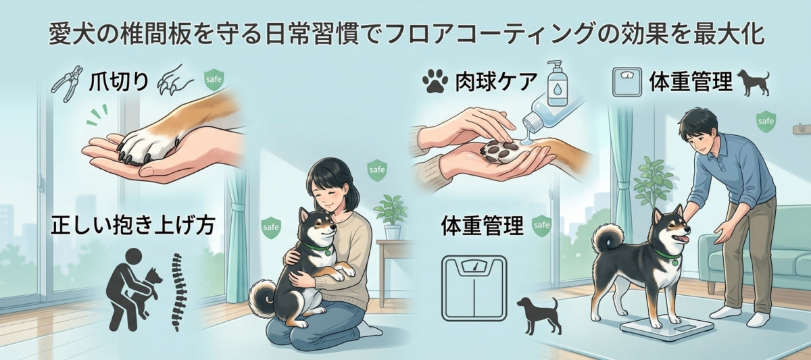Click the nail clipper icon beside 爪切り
click(x=68, y=84)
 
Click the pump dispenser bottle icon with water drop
click(x=556, y=84)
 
